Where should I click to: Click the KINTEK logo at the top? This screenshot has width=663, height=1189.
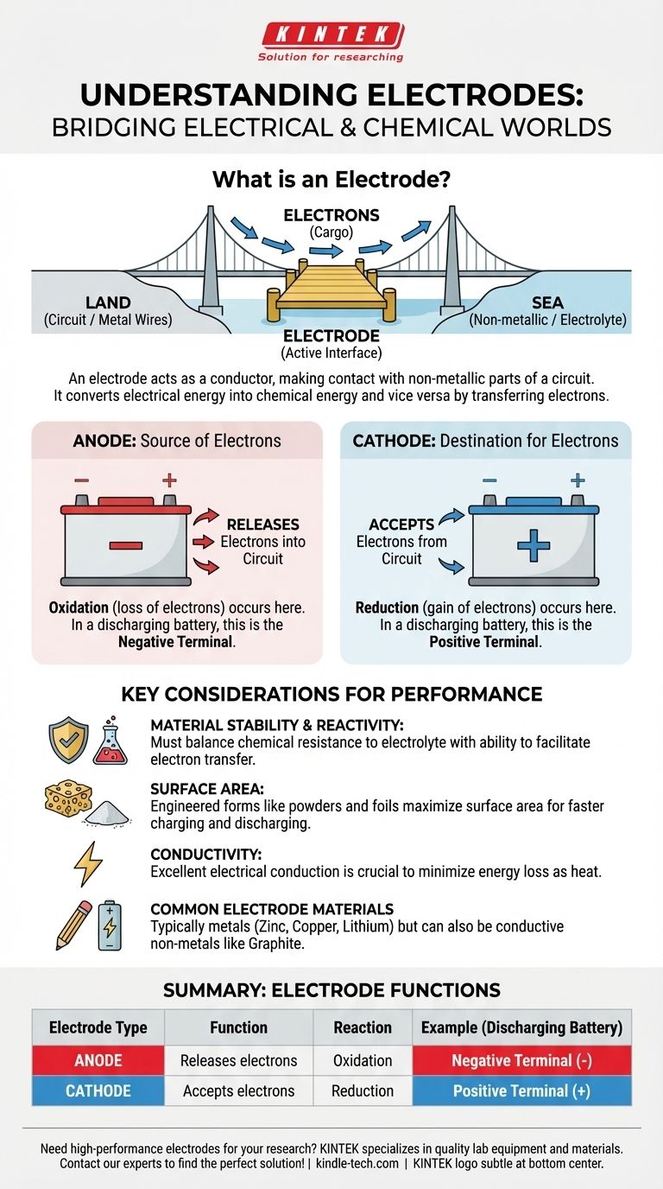[331, 36]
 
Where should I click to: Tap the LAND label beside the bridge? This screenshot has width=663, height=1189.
[108, 303]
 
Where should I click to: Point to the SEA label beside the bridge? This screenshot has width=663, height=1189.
[547, 303]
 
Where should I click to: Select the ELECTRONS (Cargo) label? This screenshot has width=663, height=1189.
[331, 223]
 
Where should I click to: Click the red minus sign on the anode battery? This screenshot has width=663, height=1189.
[126, 545]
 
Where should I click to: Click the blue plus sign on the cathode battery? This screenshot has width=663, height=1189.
[534, 545]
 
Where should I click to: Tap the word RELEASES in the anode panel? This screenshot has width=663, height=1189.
[262, 525]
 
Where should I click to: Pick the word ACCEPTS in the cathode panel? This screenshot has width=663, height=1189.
[401, 525]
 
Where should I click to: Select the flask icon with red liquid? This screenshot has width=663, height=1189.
[110, 741]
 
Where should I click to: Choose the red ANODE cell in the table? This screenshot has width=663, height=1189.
[98, 1060]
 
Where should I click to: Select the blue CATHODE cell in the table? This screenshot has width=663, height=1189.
[98, 1090]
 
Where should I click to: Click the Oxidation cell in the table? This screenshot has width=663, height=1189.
[363, 1060]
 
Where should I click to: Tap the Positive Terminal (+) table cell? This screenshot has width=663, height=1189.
[521, 1090]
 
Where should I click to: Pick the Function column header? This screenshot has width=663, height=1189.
[238, 1027]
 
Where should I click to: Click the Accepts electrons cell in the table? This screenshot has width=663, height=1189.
[238, 1090]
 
